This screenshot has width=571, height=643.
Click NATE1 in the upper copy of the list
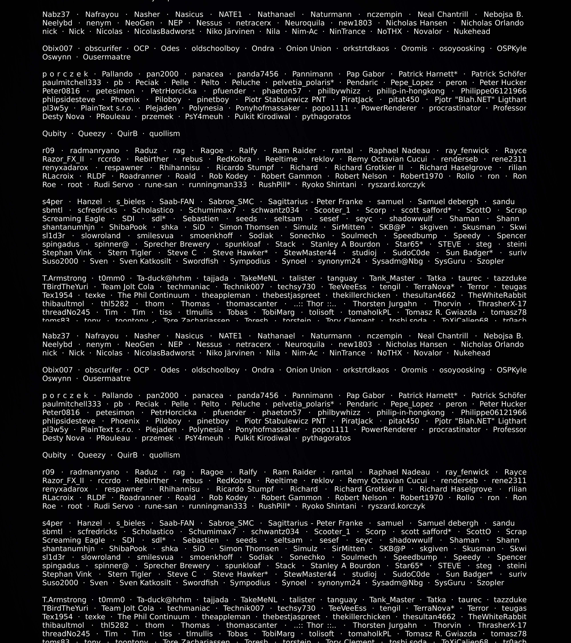(230, 14)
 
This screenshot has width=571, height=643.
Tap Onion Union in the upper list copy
(308, 48)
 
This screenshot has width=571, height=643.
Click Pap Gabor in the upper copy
(365, 74)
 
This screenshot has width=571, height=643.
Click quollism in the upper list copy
(164, 133)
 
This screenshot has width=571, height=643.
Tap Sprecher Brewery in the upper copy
(177, 244)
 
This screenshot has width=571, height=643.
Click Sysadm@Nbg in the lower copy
(397, 583)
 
